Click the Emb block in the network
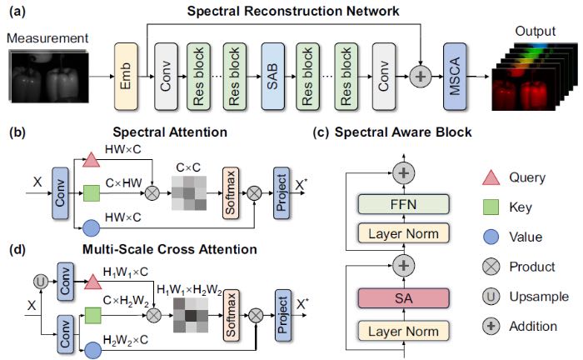(x=126, y=76)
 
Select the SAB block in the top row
(x=272, y=76)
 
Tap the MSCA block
(x=455, y=76)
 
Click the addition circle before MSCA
(x=420, y=77)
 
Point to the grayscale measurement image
(x=48, y=76)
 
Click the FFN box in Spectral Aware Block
(x=403, y=204)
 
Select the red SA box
(x=403, y=298)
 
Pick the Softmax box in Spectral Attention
(x=231, y=192)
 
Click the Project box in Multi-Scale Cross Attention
(x=283, y=315)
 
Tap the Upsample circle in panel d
(x=41, y=282)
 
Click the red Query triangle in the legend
(x=491, y=177)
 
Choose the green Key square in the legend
(x=491, y=207)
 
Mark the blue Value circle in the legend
(x=491, y=237)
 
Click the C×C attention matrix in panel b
(x=189, y=193)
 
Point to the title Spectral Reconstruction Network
(x=293, y=11)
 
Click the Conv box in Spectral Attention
(x=60, y=192)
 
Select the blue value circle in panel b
(x=91, y=228)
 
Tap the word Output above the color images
(x=535, y=31)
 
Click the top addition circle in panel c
(x=403, y=173)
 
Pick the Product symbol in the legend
(x=491, y=267)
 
